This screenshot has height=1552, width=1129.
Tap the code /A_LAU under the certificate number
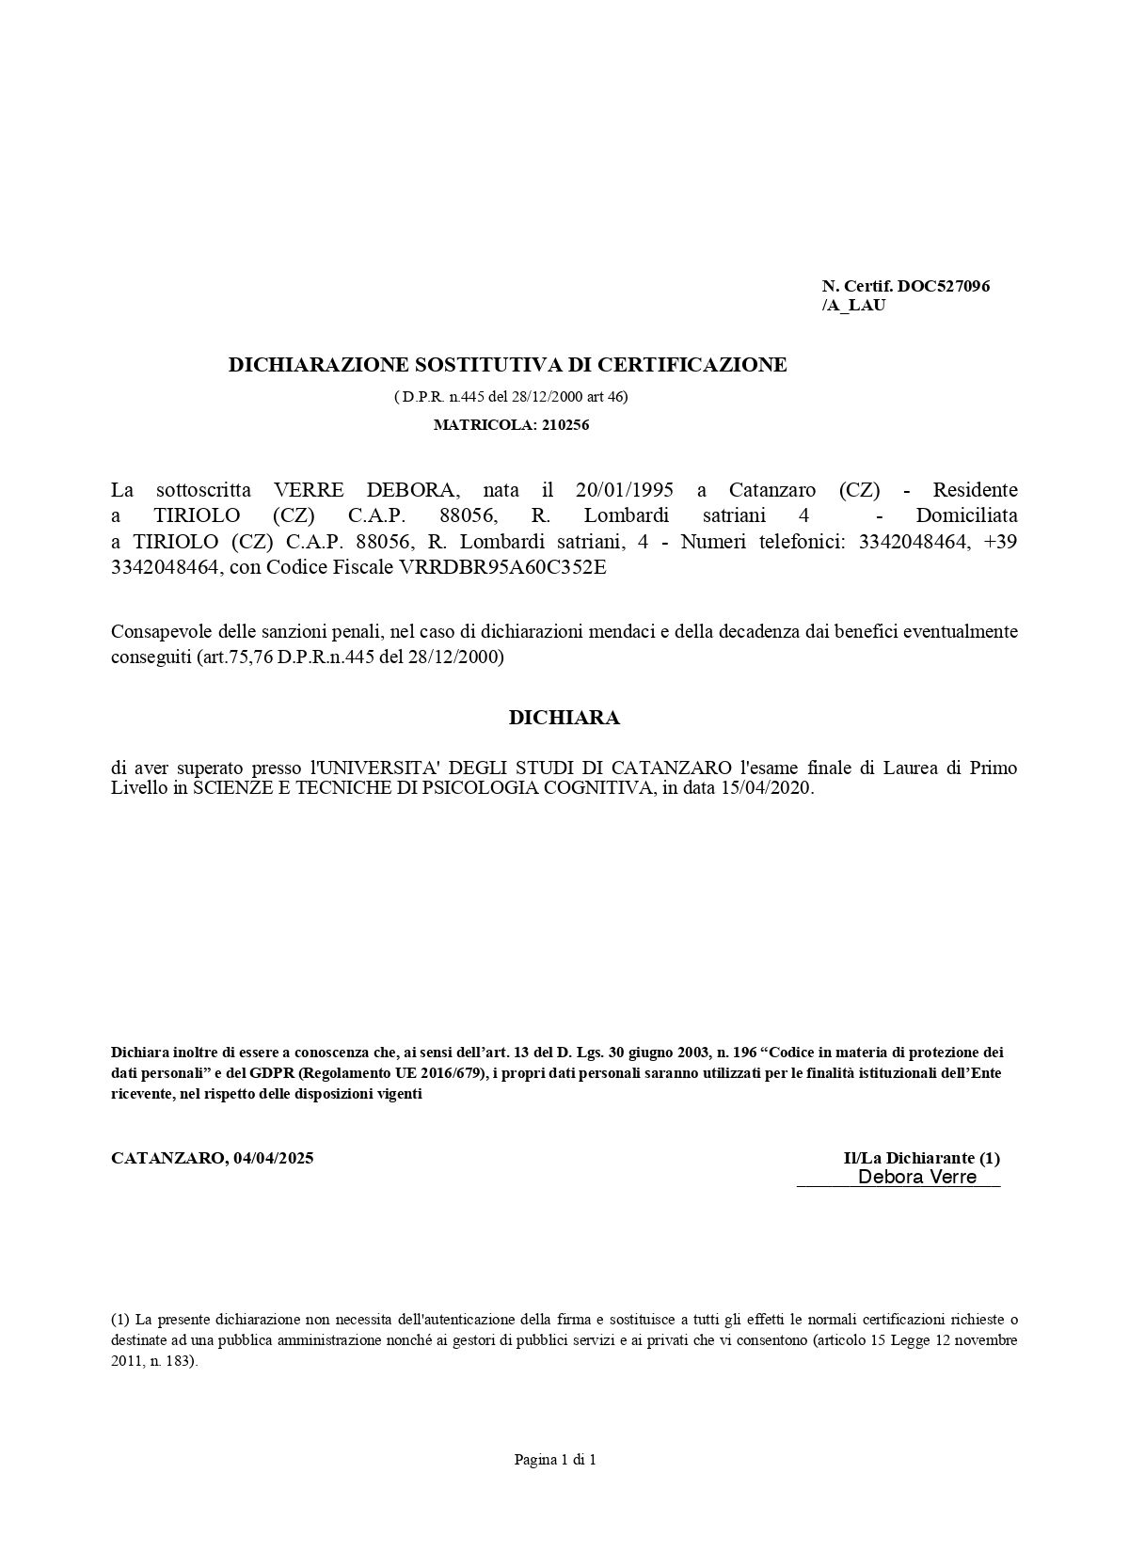(853, 306)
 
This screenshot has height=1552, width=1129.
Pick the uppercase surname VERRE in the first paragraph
(309, 490)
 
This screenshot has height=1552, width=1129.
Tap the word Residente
(975, 490)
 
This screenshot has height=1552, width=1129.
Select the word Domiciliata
(966, 515)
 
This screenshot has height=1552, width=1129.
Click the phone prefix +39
(999, 542)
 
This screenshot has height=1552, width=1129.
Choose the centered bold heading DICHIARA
(564, 718)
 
